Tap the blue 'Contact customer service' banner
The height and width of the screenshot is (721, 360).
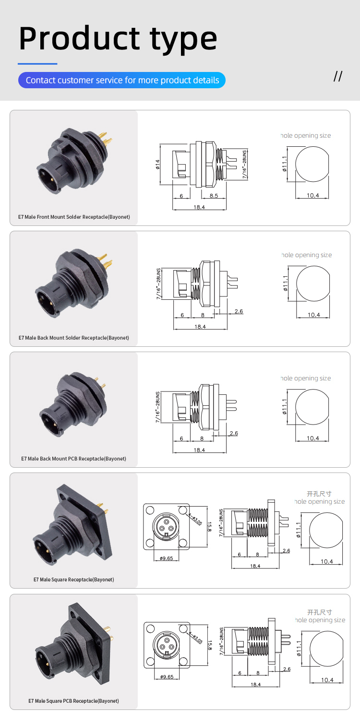pos(122,80)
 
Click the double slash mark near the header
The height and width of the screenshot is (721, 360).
pos(338,76)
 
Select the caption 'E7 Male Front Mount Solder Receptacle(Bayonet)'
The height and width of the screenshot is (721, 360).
pos(74,217)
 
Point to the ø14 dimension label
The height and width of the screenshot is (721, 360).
pos(157,165)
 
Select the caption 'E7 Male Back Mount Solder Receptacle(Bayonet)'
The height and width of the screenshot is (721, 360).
pos(74,338)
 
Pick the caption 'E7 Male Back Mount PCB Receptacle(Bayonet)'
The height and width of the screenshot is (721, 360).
pos(73,459)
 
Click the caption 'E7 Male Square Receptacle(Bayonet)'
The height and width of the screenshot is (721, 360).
pos(74,579)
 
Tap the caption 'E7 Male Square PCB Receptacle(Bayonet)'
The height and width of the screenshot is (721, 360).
pos(73,701)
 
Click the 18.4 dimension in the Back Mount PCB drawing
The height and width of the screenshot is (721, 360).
pos(199,450)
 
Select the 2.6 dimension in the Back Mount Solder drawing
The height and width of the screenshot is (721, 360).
pos(239,311)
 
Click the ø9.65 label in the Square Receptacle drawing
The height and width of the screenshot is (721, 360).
pos(166,558)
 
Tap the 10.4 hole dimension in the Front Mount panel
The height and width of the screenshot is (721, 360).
pos(313,196)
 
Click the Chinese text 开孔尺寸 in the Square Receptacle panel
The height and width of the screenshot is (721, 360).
pos(319,494)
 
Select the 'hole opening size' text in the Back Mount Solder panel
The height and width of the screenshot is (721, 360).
pos(307,255)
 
